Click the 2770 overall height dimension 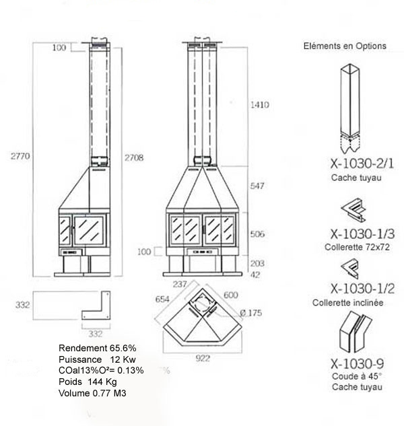click(20, 156)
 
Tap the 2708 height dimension click(134, 157)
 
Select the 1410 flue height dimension click(260, 104)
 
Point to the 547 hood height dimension click(257, 186)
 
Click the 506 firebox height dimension click(257, 234)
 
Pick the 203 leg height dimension click(257, 263)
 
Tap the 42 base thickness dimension click(255, 275)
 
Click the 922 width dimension click(203, 358)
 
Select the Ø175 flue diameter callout click(251, 313)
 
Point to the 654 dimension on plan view click(162, 299)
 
